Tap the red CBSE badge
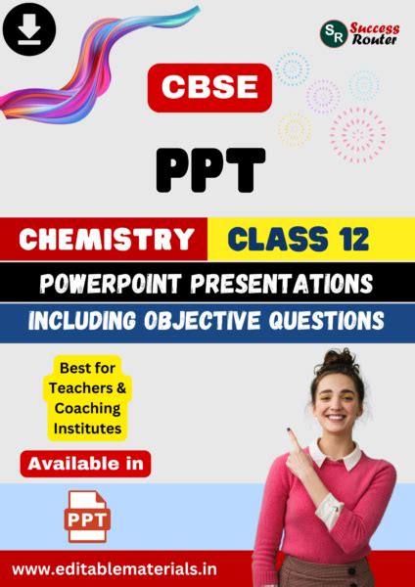(207, 88)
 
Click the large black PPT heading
(208, 168)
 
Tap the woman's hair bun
(346, 360)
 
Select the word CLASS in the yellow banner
(273, 239)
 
